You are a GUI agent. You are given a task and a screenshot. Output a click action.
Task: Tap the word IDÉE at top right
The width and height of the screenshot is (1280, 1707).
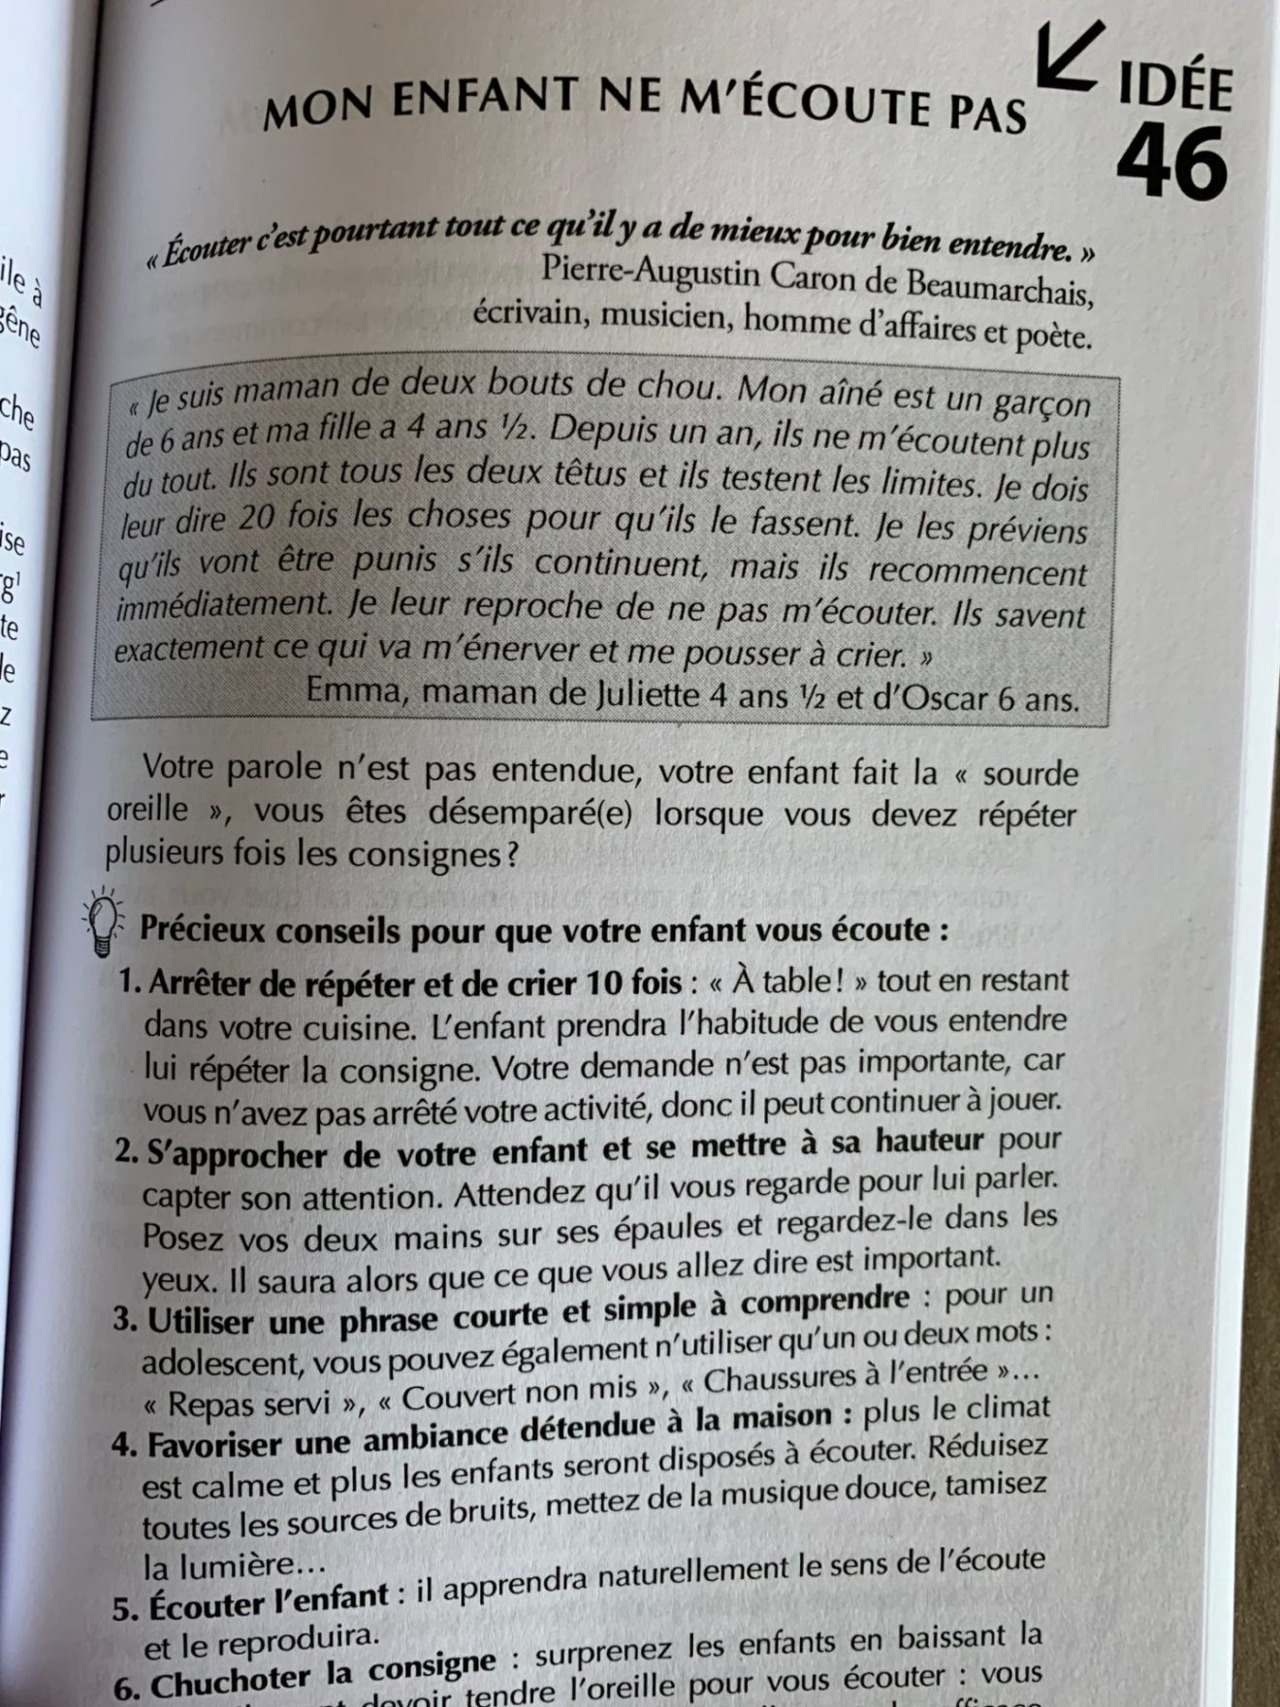tap(1174, 88)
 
